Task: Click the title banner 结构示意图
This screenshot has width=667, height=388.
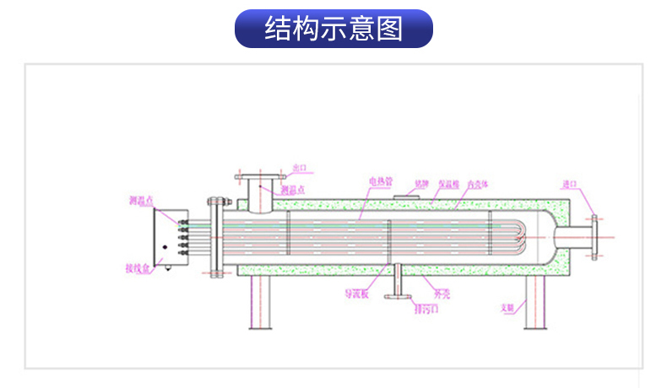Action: coord(333,29)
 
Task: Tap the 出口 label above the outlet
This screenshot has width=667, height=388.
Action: coord(301,168)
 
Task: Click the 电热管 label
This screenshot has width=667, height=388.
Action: coord(380,181)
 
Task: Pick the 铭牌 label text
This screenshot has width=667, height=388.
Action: coord(421,181)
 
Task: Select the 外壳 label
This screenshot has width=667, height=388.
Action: coord(442,294)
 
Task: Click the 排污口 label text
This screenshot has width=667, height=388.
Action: coord(426,309)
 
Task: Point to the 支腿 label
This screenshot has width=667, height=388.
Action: coord(507,308)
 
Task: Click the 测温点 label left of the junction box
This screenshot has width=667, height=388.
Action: coord(140,201)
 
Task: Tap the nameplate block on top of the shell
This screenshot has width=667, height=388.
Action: coord(408,197)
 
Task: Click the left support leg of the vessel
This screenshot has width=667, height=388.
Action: coord(258,304)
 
